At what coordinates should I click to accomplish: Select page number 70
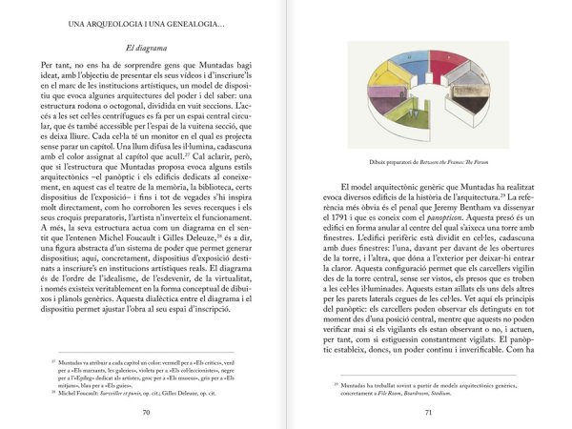pos(146,412)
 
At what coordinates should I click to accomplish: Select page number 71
pos(428,412)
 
